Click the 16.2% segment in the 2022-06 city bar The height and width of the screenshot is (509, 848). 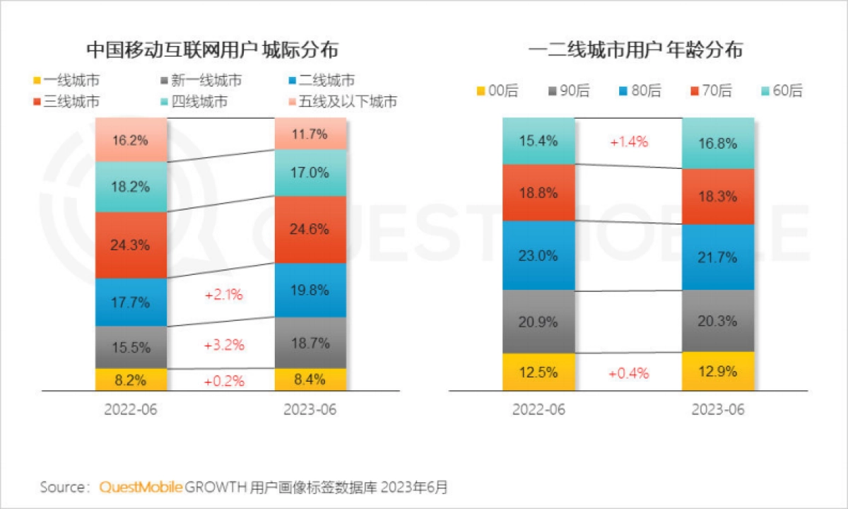pos(131,140)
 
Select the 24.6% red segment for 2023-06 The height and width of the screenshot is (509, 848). pos(310,229)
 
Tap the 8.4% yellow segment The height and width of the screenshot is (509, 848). pos(310,380)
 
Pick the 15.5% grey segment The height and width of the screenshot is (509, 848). pos(131,347)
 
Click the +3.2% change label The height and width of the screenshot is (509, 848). pos(223,346)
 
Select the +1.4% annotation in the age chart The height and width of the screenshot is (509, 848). pos(628,142)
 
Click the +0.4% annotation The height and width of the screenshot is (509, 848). pos(628,373)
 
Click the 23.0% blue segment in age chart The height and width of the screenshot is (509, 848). pos(538,255)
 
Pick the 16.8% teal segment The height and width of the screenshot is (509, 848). pos(718,144)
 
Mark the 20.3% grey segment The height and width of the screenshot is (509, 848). pos(718,321)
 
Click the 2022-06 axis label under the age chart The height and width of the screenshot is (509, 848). pos(538,410)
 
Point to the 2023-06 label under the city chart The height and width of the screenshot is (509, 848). pos(310,410)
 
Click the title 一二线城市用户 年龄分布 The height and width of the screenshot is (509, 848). pos(635,50)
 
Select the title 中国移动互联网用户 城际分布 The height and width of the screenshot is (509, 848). pos(212,50)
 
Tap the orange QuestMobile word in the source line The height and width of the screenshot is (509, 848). pos(141,487)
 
